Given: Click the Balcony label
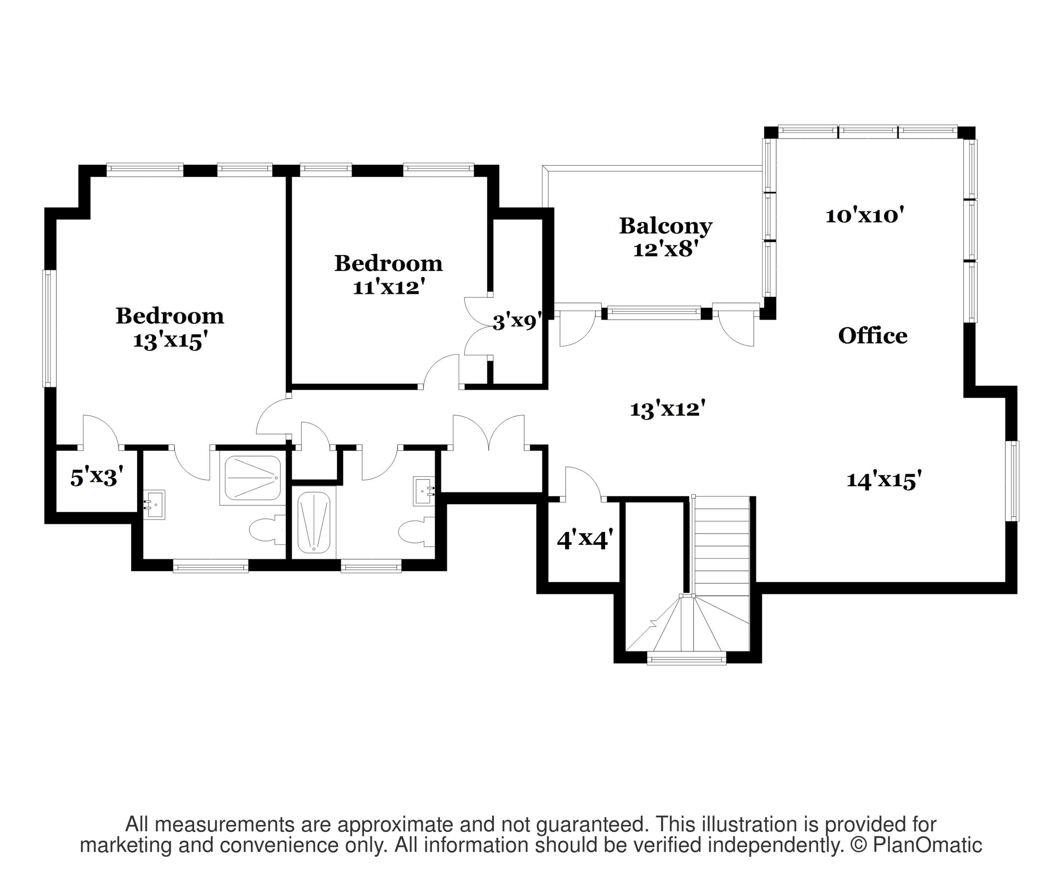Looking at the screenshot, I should [666, 226].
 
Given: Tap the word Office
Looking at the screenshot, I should [872, 335].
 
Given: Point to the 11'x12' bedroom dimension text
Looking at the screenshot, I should [388, 288].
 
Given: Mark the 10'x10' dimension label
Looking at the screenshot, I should [864, 216].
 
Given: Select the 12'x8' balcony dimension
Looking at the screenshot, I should [666, 249].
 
